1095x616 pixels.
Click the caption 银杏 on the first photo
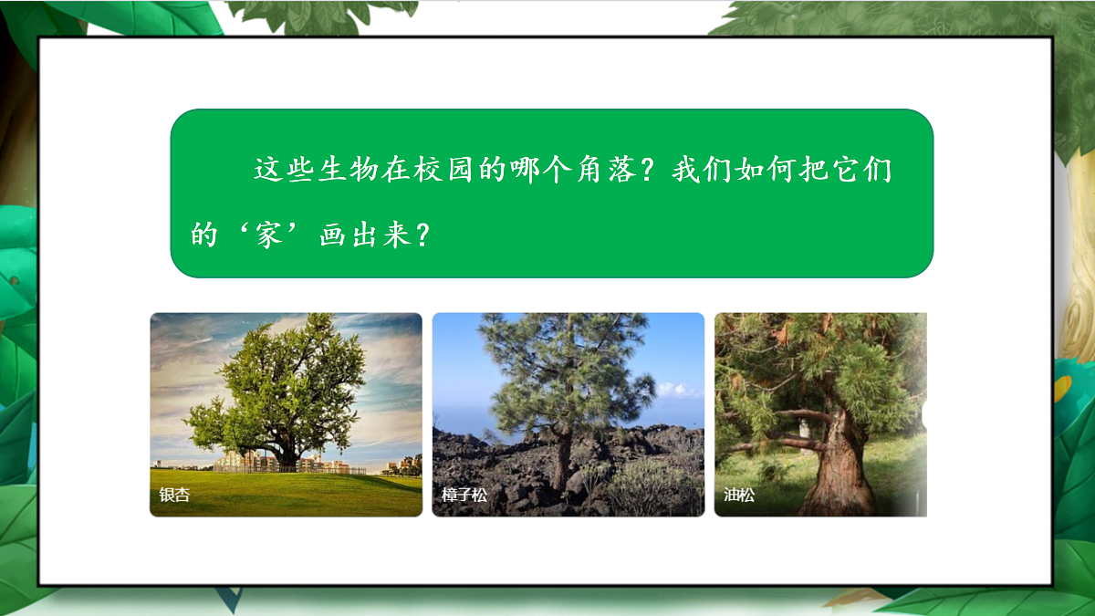tap(174, 496)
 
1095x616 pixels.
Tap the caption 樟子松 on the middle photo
tap(464, 496)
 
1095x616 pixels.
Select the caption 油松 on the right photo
tap(739, 496)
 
